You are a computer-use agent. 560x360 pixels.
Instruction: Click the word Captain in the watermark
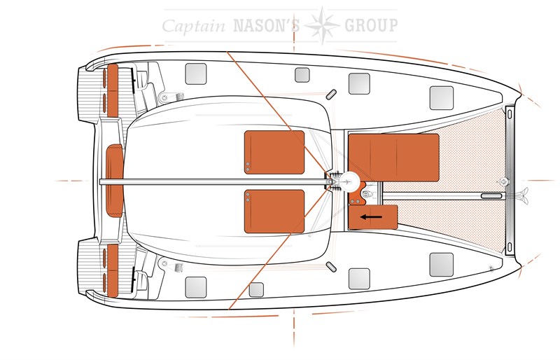(x=194, y=26)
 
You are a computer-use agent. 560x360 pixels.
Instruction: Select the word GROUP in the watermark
(x=371, y=25)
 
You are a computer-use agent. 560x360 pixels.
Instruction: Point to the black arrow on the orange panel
(x=371, y=216)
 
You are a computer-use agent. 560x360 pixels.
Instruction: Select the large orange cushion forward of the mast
(x=393, y=158)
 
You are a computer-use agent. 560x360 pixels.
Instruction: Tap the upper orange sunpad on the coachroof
(x=274, y=152)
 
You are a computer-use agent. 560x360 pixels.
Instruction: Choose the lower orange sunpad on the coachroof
(x=274, y=212)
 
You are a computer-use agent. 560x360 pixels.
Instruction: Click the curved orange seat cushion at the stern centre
(x=115, y=181)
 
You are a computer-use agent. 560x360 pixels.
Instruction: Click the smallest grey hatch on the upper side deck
(x=302, y=75)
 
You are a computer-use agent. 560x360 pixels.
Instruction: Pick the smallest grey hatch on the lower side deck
(x=256, y=289)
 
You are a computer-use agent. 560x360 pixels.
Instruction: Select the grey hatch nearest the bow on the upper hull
(x=442, y=97)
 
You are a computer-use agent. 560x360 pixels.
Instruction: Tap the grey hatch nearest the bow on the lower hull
(x=442, y=265)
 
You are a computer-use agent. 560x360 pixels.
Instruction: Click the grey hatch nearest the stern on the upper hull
(x=196, y=74)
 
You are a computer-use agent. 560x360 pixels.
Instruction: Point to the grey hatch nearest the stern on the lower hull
(x=196, y=287)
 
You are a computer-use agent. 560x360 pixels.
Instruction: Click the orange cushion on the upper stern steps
(x=113, y=91)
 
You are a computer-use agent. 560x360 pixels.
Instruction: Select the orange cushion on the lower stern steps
(x=113, y=270)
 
